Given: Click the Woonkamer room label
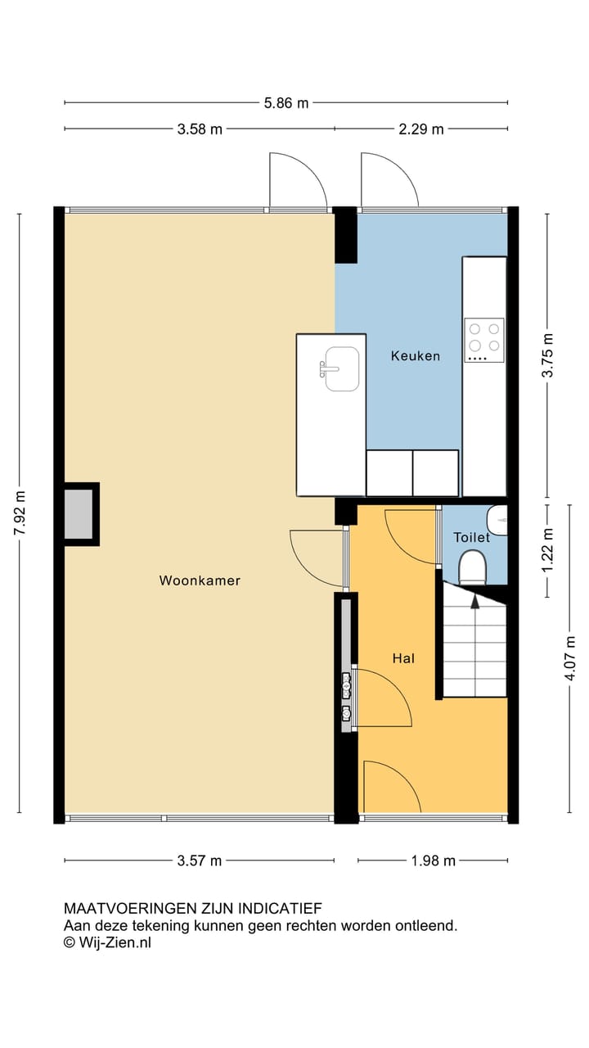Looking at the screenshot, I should (200, 580).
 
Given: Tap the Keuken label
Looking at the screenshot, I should (415, 355).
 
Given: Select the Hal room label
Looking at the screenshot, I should (402, 657).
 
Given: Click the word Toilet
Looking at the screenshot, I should (472, 537).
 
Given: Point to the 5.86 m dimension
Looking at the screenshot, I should (286, 103).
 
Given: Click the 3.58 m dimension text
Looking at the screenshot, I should (200, 129).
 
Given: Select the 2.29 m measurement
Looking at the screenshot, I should (420, 129).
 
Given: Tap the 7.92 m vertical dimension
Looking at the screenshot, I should (20, 513).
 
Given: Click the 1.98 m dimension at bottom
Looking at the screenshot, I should (433, 861).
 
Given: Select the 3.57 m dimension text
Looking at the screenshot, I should (200, 861).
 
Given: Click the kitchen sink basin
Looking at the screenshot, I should (341, 369).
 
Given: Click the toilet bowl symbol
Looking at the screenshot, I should (472, 566).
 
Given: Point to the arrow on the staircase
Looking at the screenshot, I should (474, 602).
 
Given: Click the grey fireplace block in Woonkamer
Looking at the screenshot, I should (79, 514).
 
